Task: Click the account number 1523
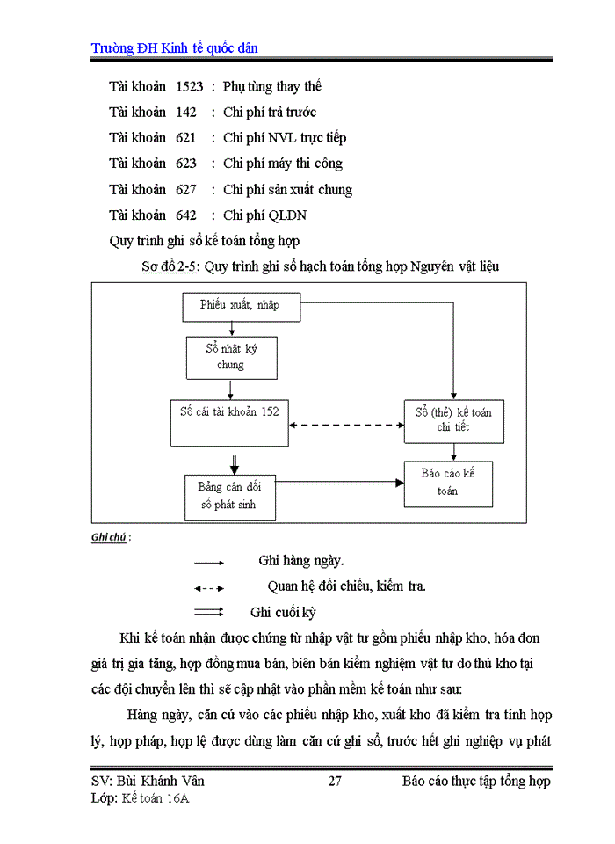click(x=190, y=86)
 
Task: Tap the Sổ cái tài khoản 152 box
click(x=230, y=421)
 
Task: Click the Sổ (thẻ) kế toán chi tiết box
click(x=453, y=420)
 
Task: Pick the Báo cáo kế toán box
click(x=453, y=482)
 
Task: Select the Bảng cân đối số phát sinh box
click(x=230, y=497)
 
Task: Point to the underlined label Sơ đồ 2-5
click(x=170, y=267)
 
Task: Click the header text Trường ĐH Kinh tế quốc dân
click(x=174, y=47)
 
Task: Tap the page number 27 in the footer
click(x=334, y=782)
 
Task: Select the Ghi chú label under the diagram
click(x=108, y=538)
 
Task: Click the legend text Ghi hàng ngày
click(x=301, y=560)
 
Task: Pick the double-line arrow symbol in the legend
click(x=209, y=612)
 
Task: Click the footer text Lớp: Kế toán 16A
click(x=141, y=798)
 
